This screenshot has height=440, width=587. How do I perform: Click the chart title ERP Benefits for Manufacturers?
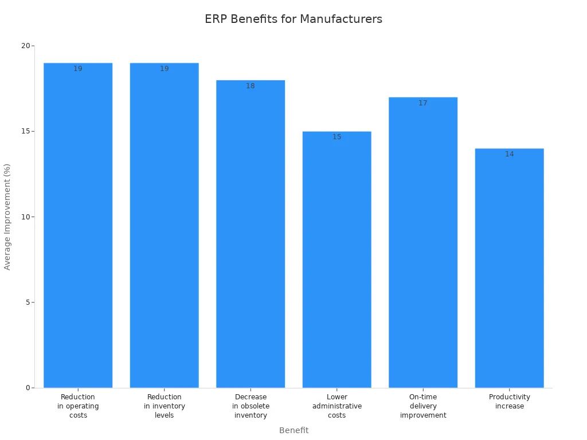293,19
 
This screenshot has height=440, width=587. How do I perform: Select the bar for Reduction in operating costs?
78,229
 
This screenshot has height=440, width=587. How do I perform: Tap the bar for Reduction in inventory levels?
165,229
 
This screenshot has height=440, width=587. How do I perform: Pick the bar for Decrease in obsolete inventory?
251,235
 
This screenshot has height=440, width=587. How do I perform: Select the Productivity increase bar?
510,269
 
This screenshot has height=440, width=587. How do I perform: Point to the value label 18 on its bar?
251,86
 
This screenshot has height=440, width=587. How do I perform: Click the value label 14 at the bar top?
510,154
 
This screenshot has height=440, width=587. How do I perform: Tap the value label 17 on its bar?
423,103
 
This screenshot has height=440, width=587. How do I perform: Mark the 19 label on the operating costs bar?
78,69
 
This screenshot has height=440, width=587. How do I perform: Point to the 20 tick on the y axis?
25,46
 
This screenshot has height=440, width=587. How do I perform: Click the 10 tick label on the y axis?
25,217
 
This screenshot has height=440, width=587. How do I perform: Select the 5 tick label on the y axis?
27,302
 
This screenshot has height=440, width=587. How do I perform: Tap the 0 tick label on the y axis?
27,388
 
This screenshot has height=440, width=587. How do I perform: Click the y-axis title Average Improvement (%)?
7,217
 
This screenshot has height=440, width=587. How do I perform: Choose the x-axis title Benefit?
293,430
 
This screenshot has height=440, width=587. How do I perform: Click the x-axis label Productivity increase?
510,402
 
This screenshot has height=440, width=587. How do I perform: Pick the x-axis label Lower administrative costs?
337,406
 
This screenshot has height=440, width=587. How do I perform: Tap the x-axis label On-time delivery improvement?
423,406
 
